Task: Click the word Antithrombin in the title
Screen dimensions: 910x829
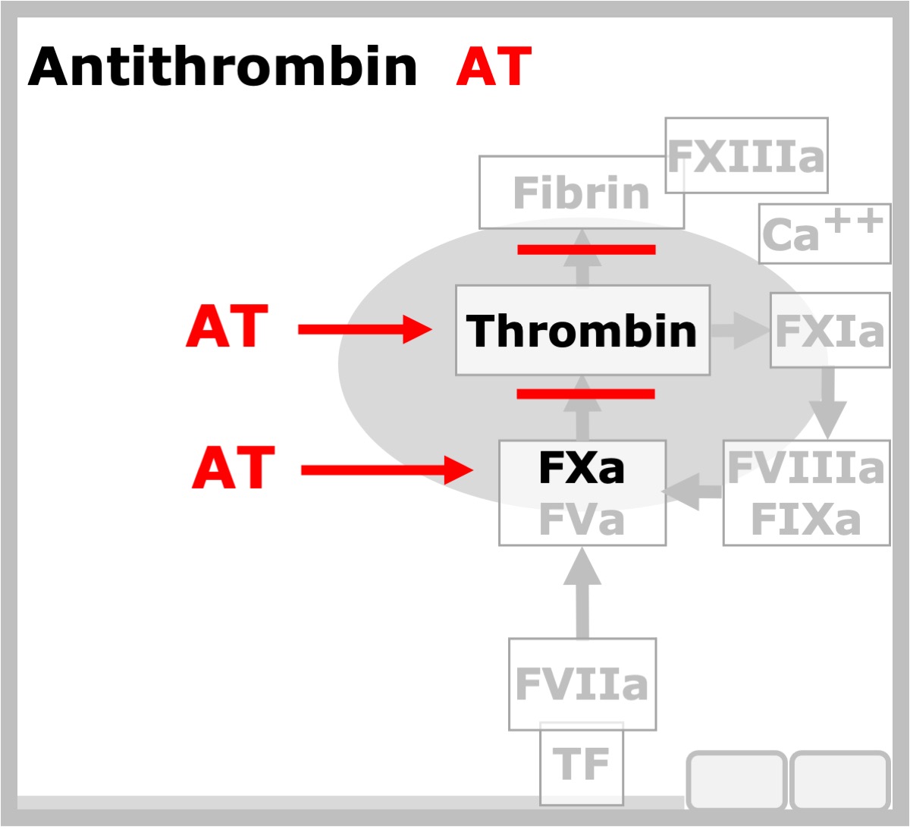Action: tap(222, 66)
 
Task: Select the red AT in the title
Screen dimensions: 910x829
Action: tap(494, 66)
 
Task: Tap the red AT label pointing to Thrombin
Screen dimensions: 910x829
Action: tap(227, 326)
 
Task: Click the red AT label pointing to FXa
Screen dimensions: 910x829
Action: tap(234, 467)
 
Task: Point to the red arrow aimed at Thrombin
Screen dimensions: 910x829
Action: tap(365, 330)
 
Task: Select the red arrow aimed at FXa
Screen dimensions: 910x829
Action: tap(387, 470)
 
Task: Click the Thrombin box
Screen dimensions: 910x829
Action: tap(582, 331)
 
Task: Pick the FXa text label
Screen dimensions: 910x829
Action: tap(582, 467)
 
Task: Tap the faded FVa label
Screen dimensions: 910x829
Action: tap(582, 520)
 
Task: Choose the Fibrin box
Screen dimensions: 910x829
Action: tap(582, 193)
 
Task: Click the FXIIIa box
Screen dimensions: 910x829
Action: tap(746, 155)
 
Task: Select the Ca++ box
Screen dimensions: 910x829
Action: tap(825, 234)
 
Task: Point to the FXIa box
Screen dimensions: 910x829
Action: tap(830, 331)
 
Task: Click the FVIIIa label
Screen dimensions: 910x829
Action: tap(806, 467)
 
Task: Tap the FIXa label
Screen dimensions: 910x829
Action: tap(806, 520)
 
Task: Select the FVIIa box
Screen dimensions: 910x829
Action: tap(582, 685)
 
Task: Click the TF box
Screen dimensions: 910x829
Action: tap(582, 764)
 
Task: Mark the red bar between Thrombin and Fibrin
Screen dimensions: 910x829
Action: tap(586, 249)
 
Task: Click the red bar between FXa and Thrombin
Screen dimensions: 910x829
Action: tap(585, 394)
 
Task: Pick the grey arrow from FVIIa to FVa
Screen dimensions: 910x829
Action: tap(582, 592)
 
